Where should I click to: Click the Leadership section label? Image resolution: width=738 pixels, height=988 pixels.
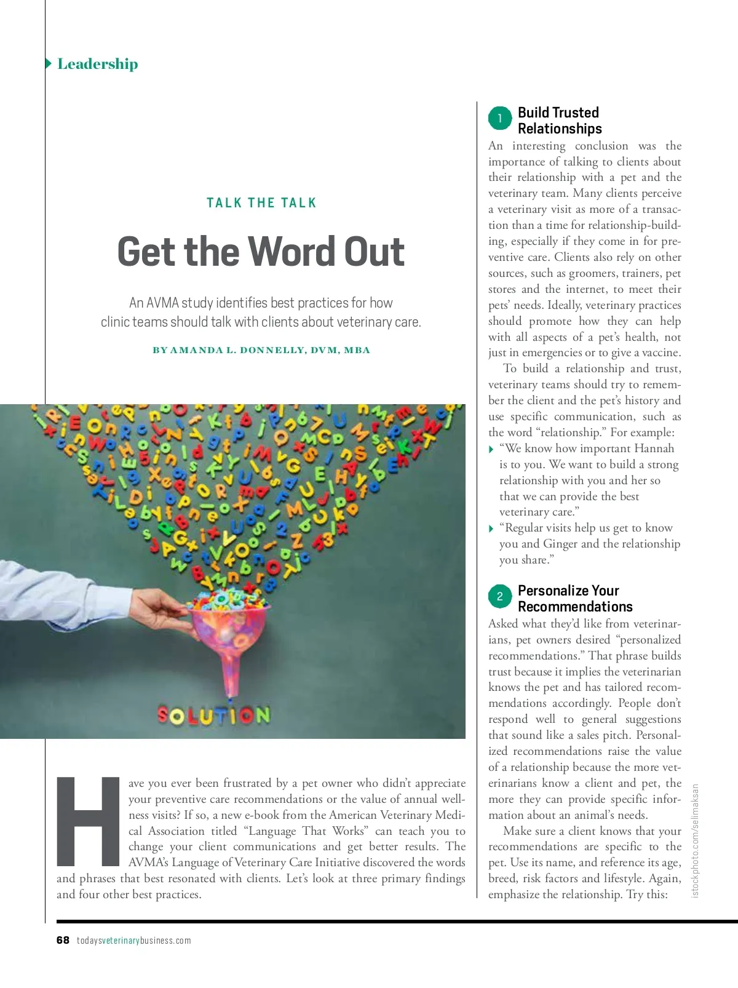pyautogui.click(x=97, y=64)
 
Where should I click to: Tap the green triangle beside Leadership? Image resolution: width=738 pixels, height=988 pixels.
pyautogui.click(x=49, y=63)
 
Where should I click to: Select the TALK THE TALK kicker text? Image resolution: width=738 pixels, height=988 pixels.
pyautogui.click(x=261, y=203)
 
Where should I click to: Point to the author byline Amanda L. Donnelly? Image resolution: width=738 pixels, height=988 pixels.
pyautogui.click(x=261, y=350)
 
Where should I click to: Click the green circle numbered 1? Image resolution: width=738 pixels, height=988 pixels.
pyautogui.click(x=500, y=118)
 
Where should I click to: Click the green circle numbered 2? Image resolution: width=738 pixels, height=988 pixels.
pyautogui.click(x=500, y=596)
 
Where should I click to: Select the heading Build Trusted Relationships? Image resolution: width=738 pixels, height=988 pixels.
pyautogui.click(x=559, y=121)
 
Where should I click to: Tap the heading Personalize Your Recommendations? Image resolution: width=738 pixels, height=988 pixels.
pyautogui.click(x=574, y=599)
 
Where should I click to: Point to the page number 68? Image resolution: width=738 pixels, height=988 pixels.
pyautogui.click(x=63, y=940)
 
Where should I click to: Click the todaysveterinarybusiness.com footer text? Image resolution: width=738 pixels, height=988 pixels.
pyautogui.click(x=133, y=941)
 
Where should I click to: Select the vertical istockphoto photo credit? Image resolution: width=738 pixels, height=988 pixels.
pyautogui.click(x=696, y=840)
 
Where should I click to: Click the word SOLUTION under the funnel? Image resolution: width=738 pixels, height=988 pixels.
pyautogui.click(x=213, y=715)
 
